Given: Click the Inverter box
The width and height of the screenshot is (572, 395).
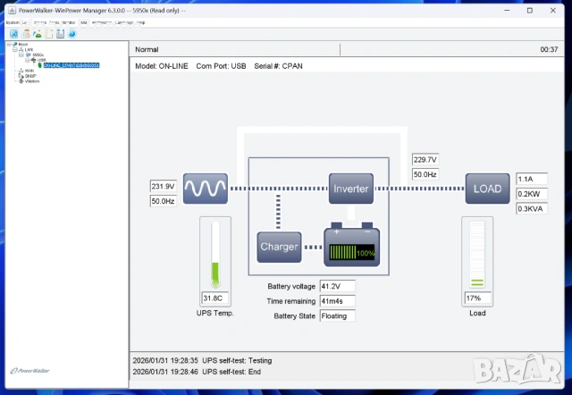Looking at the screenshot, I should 350,189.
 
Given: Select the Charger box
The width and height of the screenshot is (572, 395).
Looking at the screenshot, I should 279,246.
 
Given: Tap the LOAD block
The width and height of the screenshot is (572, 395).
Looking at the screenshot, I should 487,189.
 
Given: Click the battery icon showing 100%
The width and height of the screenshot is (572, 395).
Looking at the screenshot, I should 350,246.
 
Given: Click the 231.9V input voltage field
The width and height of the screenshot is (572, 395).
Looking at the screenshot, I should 164,187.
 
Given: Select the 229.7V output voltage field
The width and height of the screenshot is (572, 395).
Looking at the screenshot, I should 425,160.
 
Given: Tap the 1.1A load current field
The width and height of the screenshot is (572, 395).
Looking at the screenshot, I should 530,179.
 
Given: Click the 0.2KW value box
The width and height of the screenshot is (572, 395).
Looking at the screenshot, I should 530,194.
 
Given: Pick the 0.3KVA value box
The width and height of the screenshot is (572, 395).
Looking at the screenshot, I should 530,209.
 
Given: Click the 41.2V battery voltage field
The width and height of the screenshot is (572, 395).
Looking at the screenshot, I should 337,286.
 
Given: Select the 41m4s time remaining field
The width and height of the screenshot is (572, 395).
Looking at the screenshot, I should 337,301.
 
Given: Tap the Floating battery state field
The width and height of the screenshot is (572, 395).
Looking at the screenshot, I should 337,315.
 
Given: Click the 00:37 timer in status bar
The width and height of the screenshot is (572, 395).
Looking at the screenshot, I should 549,49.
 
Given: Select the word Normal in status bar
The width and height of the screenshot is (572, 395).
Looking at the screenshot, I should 147,49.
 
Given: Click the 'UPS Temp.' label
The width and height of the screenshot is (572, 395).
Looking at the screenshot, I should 214,313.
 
